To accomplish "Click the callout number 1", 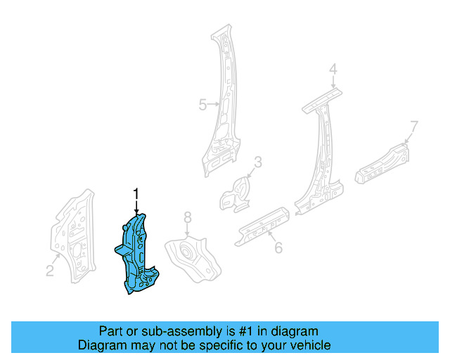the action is (x=136, y=193).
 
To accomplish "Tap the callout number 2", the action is (x=50, y=271).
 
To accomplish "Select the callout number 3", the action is (x=257, y=163).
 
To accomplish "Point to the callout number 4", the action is (x=333, y=69).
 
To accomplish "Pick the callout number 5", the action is (x=202, y=105).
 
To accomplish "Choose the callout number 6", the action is (x=278, y=247).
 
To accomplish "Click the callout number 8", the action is (x=187, y=217).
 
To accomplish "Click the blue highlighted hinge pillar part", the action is (x=137, y=253).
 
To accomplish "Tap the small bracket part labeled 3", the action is (x=236, y=191).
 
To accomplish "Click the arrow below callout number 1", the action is (x=136, y=206).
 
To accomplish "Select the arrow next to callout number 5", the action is (x=214, y=105).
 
